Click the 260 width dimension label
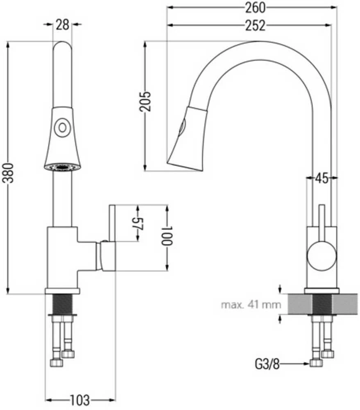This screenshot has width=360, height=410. (255, 7)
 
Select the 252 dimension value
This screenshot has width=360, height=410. (255, 25)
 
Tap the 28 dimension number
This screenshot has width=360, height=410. (62, 25)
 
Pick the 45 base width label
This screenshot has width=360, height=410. (321, 179)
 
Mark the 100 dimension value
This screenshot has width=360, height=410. (167, 236)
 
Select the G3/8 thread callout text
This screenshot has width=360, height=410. (267, 364)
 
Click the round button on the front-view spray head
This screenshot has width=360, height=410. (62, 128)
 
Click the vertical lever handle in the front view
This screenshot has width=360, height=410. (113, 223)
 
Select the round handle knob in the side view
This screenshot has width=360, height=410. (322, 255)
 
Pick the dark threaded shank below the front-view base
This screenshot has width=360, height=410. (62, 304)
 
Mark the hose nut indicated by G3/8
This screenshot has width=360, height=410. (316, 363)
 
